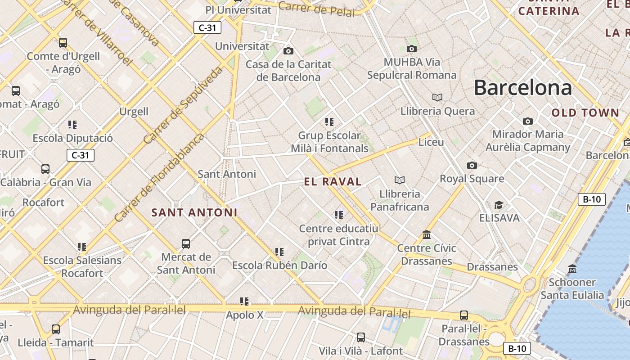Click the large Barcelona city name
coord(523,88)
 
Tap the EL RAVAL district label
coord(333,182)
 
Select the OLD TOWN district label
coord(585,113)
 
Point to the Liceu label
coord(431,142)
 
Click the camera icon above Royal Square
coord(472,165)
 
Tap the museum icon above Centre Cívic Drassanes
coord(427,234)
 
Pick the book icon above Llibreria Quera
coord(437,97)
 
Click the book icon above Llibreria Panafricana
coord(399,180)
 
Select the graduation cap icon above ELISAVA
coord(499,205)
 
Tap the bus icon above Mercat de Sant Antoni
coord(186,244)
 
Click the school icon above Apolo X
coord(244,301)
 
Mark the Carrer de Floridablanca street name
coord(159,177)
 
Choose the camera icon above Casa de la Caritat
coord(288,51)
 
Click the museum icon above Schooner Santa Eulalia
coord(572,269)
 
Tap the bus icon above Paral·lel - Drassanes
coord(464,315)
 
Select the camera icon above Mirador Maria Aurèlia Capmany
coord(528,121)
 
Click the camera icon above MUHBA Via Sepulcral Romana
coord(411,49)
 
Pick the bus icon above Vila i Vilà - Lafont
coord(361,337)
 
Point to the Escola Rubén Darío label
coord(279,265)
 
